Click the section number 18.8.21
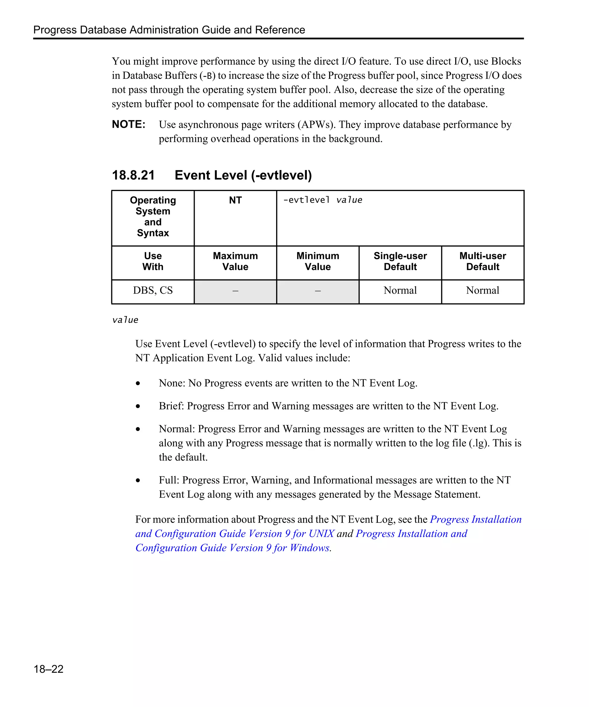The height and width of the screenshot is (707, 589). (x=133, y=175)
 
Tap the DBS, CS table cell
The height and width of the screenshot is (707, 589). (x=152, y=290)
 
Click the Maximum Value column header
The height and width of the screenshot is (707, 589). (x=235, y=261)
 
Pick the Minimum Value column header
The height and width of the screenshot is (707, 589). (x=318, y=261)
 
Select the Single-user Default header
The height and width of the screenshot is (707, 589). (x=400, y=261)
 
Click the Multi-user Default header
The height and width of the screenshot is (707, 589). (x=482, y=261)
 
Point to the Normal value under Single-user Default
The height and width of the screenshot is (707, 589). (x=400, y=290)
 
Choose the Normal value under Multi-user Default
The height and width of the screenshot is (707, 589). (x=482, y=290)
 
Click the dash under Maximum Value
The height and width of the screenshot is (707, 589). (x=235, y=291)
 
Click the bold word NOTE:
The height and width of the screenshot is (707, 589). (x=129, y=124)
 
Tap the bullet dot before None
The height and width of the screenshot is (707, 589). (x=138, y=383)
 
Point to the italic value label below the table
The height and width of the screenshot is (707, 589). (x=125, y=320)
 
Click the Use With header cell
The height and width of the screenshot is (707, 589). (x=152, y=261)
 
